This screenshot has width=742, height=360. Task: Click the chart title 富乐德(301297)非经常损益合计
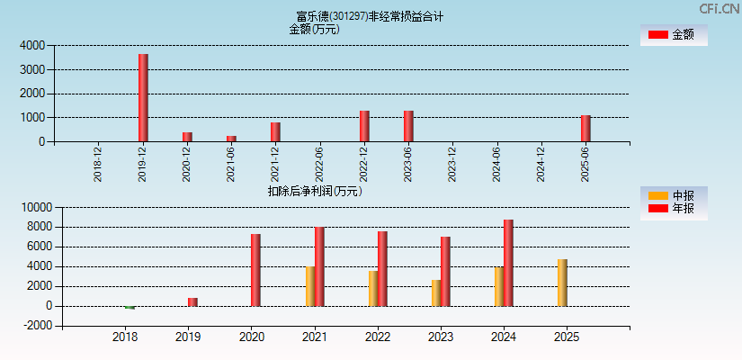pos(370,16)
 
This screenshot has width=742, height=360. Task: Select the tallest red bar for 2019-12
pos(143,97)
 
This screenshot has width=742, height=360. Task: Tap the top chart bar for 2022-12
pos(364,126)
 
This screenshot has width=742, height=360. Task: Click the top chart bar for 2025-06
pos(586,128)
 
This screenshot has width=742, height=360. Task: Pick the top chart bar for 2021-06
pos(231,139)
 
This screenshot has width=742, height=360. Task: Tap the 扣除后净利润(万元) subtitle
pos(314,191)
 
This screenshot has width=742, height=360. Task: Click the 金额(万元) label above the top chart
pos(314,29)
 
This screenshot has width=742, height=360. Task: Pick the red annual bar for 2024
pos(508,263)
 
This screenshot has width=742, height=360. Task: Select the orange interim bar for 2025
pos(562,283)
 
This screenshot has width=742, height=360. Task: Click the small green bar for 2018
pos(130,308)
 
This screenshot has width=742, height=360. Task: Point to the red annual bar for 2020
pos(255,270)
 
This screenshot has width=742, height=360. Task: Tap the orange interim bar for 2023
pos(436,292)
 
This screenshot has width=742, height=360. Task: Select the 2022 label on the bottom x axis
pos(377,337)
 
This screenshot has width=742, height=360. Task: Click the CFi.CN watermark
pos(720,9)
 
